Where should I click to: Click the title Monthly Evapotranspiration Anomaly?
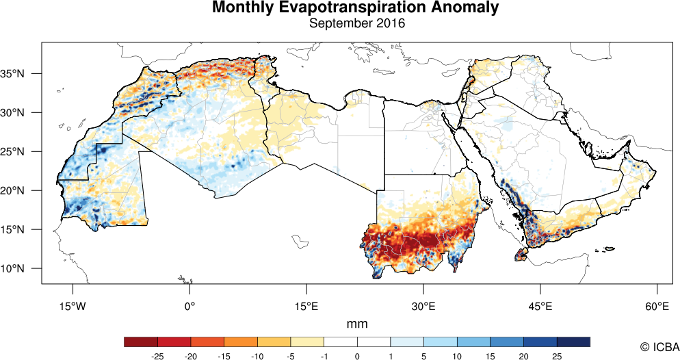click(x=355, y=8)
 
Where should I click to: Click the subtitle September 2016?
click(x=356, y=23)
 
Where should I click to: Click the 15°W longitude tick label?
click(x=73, y=305)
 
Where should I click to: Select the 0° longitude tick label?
click(x=190, y=305)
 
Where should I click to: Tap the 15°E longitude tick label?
click(x=306, y=305)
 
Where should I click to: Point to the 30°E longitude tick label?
click(x=423, y=305)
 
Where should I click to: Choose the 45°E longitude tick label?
click(x=540, y=305)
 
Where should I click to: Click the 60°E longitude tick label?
click(x=657, y=305)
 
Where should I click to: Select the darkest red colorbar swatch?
click(x=141, y=342)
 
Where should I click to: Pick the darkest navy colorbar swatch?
click(x=573, y=342)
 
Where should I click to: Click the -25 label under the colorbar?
click(x=157, y=356)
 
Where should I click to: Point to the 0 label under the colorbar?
click(x=357, y=356)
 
